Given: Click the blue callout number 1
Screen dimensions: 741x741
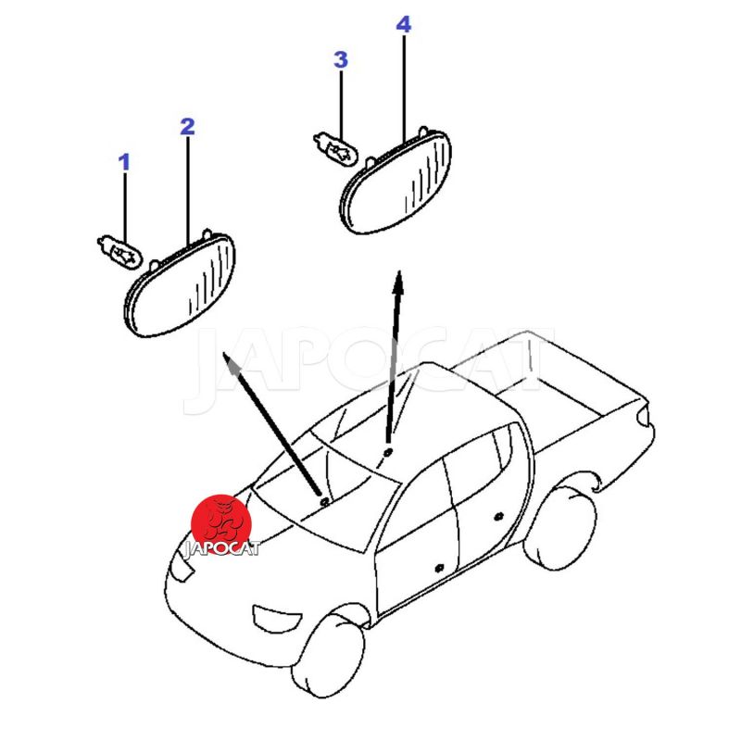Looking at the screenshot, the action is (x=124, y=162).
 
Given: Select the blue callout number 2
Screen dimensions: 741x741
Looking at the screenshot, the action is (x=188, y=126).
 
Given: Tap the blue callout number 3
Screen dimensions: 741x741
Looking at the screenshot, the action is (x=341, y=60).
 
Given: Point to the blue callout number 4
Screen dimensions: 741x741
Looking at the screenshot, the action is (x=404, y=24).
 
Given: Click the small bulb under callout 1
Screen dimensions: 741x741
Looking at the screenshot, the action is (x=119, y=251).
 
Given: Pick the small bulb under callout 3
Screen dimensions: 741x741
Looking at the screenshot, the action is (x=336, y=148).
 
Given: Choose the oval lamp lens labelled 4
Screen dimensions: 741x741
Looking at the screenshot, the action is (x=396, y=181).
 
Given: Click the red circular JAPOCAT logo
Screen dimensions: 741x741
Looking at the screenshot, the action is (x=221, y=524).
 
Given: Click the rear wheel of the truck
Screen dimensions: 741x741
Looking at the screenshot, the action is (x=560, y=529).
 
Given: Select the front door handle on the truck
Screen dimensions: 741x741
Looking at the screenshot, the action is (x=439, y=567).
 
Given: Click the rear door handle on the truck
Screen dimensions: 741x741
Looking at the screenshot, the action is (x=498, y=517).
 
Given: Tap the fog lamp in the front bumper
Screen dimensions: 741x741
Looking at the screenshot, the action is (x=276, y=618).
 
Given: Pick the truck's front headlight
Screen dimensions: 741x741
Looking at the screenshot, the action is (x=182, y=566).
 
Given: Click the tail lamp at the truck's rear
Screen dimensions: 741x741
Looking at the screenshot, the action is (x=642, y=414).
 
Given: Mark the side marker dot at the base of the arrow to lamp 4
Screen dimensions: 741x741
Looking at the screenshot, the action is (x=388, y=453).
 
